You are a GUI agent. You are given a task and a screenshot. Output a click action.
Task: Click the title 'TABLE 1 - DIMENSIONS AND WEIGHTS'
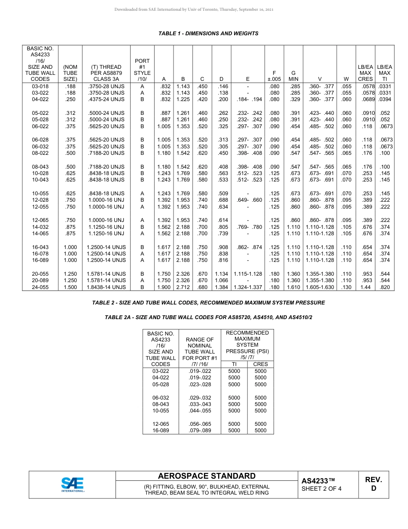click(x=208, y=34)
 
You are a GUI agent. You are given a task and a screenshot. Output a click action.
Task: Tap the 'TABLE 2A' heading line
click(x=208, y=317)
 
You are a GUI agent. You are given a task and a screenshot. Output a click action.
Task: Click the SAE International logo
click(x=73, y=484)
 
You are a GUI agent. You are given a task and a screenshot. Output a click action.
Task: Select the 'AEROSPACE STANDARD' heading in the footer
click(x=207, y=476)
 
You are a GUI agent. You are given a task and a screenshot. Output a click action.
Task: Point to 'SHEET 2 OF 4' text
click(x=322, y=489)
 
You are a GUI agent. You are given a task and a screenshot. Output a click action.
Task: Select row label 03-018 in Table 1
click(x=40, y=86)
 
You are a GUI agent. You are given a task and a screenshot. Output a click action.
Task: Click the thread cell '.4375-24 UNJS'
click(x=107, y=99)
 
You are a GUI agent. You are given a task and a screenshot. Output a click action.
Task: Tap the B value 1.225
click(x=183, y=99)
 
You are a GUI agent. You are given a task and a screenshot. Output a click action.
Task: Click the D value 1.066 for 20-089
click(x=222, y=280)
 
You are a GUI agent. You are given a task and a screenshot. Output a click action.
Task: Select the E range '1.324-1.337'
click(x=248, y=287)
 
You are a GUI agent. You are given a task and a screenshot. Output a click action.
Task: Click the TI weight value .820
click(x=385, y=287)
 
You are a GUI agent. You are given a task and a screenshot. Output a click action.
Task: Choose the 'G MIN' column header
click(x=293, y=76)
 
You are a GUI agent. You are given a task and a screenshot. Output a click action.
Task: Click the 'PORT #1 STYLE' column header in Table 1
click(x=142, y=70)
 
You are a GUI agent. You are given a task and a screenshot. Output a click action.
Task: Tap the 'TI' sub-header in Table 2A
click(x=234, y=364)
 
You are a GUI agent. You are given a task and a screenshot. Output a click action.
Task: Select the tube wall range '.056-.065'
click(x=200, y=424)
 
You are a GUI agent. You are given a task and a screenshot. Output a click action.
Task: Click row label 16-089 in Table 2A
click(x=161, y=431)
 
